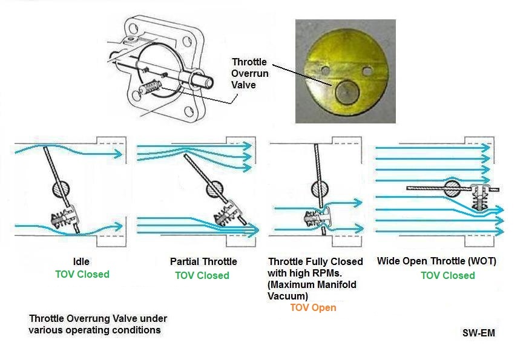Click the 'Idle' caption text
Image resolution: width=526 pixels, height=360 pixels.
tap(81, 261)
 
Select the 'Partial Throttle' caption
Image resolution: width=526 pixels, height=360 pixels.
tap(203, 261)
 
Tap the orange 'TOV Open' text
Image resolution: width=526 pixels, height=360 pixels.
tap(313, 308)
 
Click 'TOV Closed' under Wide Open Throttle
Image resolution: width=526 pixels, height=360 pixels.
tap(448, 275)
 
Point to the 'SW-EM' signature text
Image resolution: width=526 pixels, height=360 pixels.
tap(479, 333)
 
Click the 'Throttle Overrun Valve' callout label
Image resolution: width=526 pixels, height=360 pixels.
tap(249, 73)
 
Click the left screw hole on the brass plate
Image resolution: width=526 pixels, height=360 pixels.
tap(326, 70)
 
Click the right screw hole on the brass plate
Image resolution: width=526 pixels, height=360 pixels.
tap(367, 71)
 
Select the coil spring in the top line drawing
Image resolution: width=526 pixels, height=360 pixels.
tap(150, 88)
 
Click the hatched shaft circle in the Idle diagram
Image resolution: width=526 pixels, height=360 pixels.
tap(61, 189)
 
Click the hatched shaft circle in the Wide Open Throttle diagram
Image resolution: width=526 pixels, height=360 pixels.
tap(452, 189)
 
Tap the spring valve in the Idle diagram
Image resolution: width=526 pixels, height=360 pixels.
tap(64, 218)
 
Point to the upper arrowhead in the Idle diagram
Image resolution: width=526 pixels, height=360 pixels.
tap(118, 154)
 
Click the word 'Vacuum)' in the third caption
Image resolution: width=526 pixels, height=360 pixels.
tap(288, 296)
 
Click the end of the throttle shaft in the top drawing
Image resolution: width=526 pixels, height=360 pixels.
tap(209, 82)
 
